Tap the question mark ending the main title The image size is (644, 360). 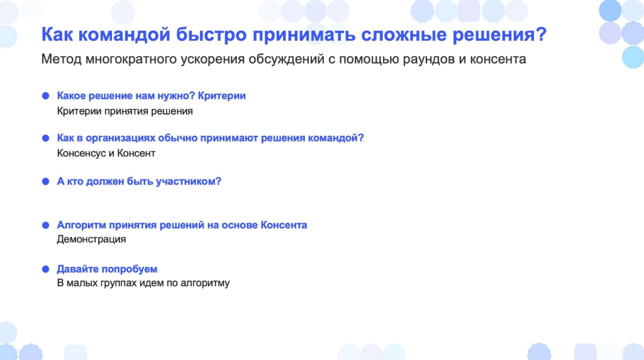(x=541, y=34)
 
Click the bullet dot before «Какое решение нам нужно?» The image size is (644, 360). (x=45, y=96)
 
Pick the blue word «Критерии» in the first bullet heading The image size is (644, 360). (x=222, y=96)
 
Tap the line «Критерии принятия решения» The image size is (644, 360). (x=125, y=111)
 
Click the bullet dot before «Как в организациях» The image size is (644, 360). (x=45, y=138)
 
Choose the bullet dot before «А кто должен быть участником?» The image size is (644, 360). (x=45, y=182)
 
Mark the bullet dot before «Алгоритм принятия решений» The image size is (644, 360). (x=45, y=225)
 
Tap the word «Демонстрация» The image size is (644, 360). (x=91, y=239)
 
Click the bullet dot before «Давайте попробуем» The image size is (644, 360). (x=45, y=269)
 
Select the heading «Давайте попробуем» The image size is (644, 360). (x=107, y=269)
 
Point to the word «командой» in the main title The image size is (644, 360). (x=124, y=35)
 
